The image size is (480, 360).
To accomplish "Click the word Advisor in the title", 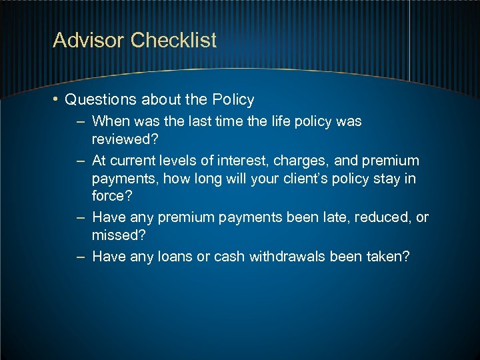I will (89, 41).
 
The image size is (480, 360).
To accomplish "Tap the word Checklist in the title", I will (174, 41).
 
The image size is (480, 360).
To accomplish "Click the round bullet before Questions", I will (57, 100).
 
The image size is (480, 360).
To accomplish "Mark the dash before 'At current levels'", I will (80, 161).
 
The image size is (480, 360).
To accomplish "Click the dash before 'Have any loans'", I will (80, 256).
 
